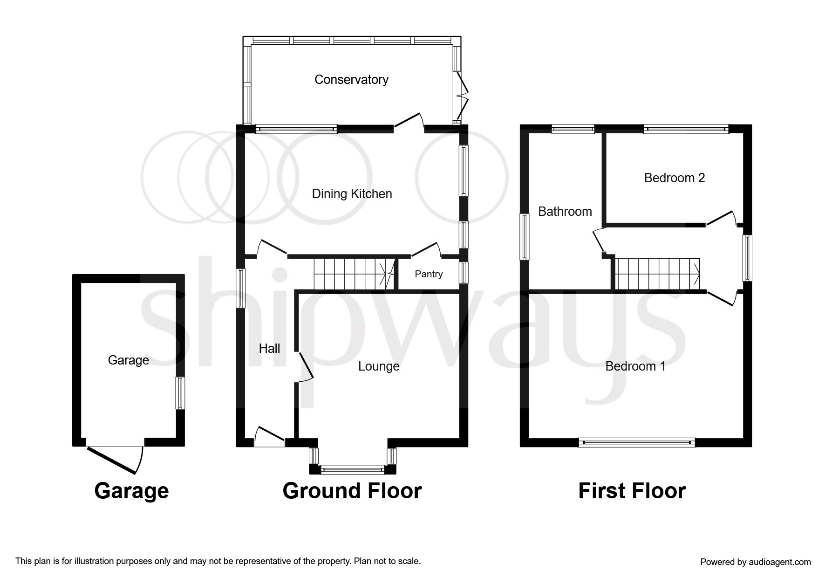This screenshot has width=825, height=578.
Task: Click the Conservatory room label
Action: pyautogui.click(x=351, y=80)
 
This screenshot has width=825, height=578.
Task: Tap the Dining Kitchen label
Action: pyautogui.click(x=352, y=194)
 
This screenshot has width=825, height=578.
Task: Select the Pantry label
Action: pyautogui.click(x=429, y=274)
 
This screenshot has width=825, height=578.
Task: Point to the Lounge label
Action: pyautogui.click(x=379, y=366)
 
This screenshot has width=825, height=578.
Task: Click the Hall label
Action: pyautogui.click(x=269, y=349)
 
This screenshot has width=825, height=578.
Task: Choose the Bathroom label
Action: pyautogui.click(x=565, y=212)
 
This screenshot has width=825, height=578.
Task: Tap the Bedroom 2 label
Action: pyautogui.click(x=674, y=178)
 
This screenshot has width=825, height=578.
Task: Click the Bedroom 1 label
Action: pyautogui.click(x=635, y=366)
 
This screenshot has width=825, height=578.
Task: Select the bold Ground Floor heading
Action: pyautogui.click(x=352, y=491)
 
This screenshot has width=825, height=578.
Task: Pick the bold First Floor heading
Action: pyautogui.click(x=632, y=491)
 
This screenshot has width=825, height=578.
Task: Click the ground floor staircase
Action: pyautogui.click(x=354, y=274)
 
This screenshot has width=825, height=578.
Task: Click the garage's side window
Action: pyautogui.click(x=180, y=393)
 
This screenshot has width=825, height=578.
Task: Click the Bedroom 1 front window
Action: pyautogui.click(x=636, y=442)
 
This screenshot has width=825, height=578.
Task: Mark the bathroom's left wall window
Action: pyautogui.click(x=525, y=236)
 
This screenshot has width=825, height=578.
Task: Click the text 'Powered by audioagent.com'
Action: pyautogui.click(x=756, y=562)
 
